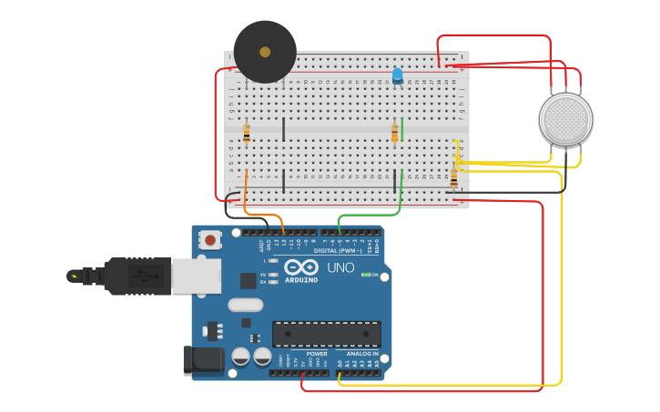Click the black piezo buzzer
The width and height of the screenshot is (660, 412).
coord(265,52)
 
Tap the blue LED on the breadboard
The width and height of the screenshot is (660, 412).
coord(397,75)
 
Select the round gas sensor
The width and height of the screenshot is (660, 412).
coord(565,118)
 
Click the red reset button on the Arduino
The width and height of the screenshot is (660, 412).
coord(210,240)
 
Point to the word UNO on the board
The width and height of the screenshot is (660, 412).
coord(340,268)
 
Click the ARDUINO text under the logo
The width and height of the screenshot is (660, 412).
coord(300,279)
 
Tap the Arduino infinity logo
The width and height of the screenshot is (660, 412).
coord(300,267)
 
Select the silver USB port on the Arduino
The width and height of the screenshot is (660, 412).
coord(196,276)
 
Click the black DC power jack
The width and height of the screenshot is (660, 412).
coord(203,360)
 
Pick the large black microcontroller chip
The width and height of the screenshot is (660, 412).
coord(326,334)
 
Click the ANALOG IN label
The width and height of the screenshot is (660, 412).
coord(361,354)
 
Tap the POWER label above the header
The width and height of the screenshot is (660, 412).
coord(316,354)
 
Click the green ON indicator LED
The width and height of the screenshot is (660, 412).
coord(365,274)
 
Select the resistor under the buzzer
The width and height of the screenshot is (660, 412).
coord(246,134)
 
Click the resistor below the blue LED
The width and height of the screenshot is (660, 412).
coord(394,134)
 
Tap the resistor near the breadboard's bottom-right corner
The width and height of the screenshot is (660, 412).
coord(453,177)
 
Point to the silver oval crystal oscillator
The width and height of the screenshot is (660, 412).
coord(245,306)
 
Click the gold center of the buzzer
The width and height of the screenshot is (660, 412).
coord(265,52)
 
